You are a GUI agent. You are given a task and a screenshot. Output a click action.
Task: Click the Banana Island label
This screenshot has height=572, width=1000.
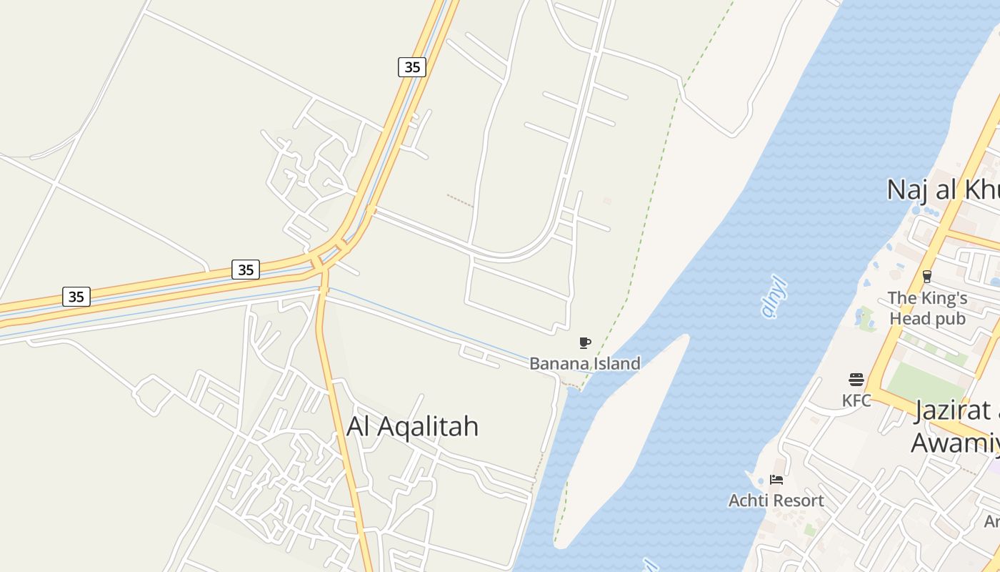[x=584, y=363]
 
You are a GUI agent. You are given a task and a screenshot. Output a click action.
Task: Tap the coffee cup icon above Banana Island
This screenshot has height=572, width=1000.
[x=585, y=342]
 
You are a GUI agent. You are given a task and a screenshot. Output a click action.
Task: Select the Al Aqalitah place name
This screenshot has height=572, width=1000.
[x=412, y=426]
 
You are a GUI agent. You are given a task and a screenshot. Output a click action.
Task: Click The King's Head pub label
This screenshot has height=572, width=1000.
[x=927, y=308]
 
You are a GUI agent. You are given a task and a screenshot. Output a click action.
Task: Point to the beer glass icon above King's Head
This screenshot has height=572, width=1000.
[x=927, y=276]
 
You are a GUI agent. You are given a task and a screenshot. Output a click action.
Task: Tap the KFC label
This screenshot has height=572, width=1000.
[x=856, y=400]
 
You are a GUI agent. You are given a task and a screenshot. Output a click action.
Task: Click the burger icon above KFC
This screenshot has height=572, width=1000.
[x=856, y=379]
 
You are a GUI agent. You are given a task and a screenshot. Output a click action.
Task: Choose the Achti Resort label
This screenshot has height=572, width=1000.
[x=776, y=500]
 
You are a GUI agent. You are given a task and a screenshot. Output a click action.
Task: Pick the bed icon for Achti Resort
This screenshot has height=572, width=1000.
[x=776, y=480]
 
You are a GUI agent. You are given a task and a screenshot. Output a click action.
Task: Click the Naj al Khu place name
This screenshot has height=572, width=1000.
[x=941, y=190]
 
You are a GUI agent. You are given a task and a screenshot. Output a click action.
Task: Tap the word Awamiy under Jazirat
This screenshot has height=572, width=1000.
[x=954, y=443]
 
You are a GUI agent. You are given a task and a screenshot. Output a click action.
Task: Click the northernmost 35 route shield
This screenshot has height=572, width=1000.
[x=412, y=67]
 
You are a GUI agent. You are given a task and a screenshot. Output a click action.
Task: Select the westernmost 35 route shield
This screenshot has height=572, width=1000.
[x=76, y=296]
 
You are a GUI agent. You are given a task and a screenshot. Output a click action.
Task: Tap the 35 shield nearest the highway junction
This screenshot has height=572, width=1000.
[x=246, y=270]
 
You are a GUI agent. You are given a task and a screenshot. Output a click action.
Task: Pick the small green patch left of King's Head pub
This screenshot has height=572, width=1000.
[x=866, y=318]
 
